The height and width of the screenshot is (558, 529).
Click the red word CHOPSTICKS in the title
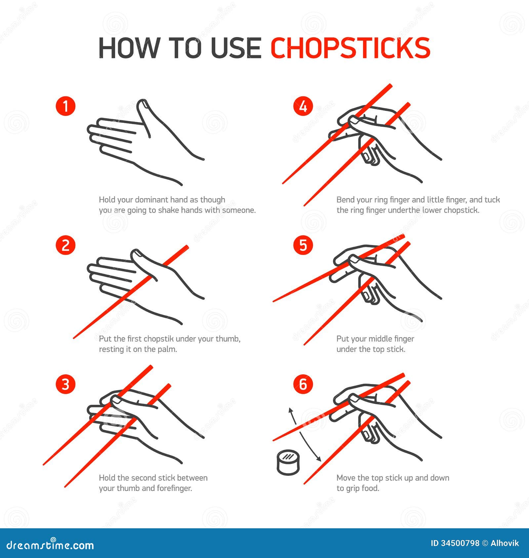tap(350, 48)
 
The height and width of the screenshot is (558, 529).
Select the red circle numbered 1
tap(65, 106)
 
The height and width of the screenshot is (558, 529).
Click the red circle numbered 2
tap(65, 245)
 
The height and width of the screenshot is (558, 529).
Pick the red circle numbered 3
tap(65, 384)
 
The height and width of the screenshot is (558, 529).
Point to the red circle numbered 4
tap(303, 106)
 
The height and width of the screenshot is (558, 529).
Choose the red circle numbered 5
tap(303, 245)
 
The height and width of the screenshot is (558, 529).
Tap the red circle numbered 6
tap(303, 384)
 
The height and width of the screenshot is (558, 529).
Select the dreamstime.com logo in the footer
tap(50, 545)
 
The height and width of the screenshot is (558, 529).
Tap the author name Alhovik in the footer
tap(505, 543)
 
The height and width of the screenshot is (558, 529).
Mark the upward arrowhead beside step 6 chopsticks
tap(291, 410)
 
